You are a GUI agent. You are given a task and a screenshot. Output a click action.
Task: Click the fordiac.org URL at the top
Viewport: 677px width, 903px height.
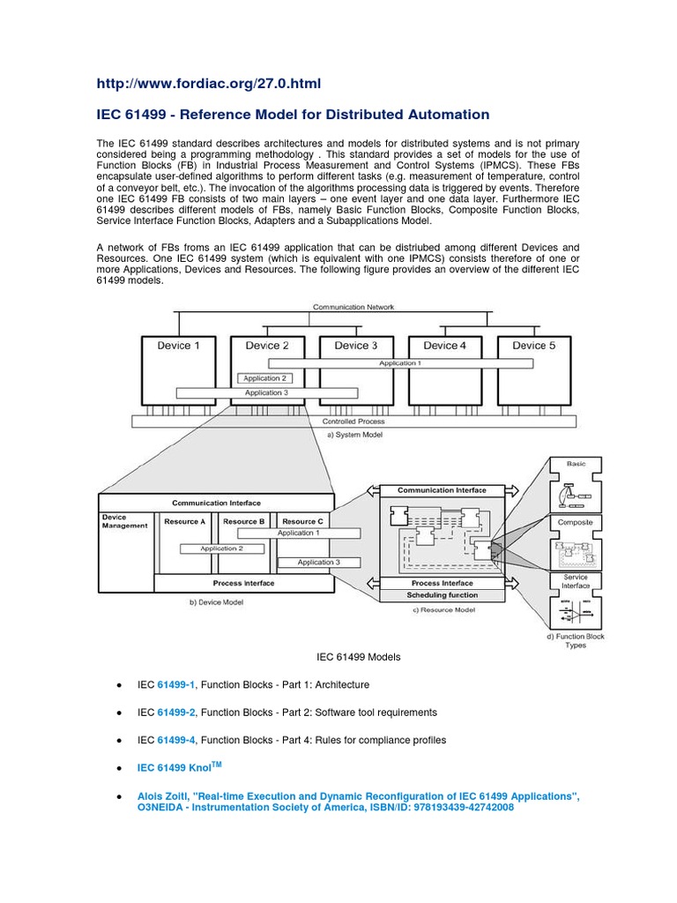[x=209, y=84]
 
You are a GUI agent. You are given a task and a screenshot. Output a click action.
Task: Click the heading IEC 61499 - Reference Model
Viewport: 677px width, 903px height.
[x=293, y=115]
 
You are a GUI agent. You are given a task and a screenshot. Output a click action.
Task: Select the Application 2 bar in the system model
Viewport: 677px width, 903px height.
[x=265, y=378]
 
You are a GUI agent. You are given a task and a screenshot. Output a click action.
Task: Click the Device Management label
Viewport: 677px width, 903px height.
[x=115, y=521]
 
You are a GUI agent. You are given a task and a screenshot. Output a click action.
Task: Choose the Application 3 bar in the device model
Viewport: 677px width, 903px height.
[x=318, y=562]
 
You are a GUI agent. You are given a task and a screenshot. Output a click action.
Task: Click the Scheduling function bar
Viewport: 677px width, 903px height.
[x=442, y=595]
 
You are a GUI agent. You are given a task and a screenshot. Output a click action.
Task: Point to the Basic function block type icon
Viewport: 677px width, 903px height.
[x=575, y=487]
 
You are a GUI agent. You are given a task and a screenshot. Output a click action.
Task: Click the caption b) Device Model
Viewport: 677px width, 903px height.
[x=215, y=602]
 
